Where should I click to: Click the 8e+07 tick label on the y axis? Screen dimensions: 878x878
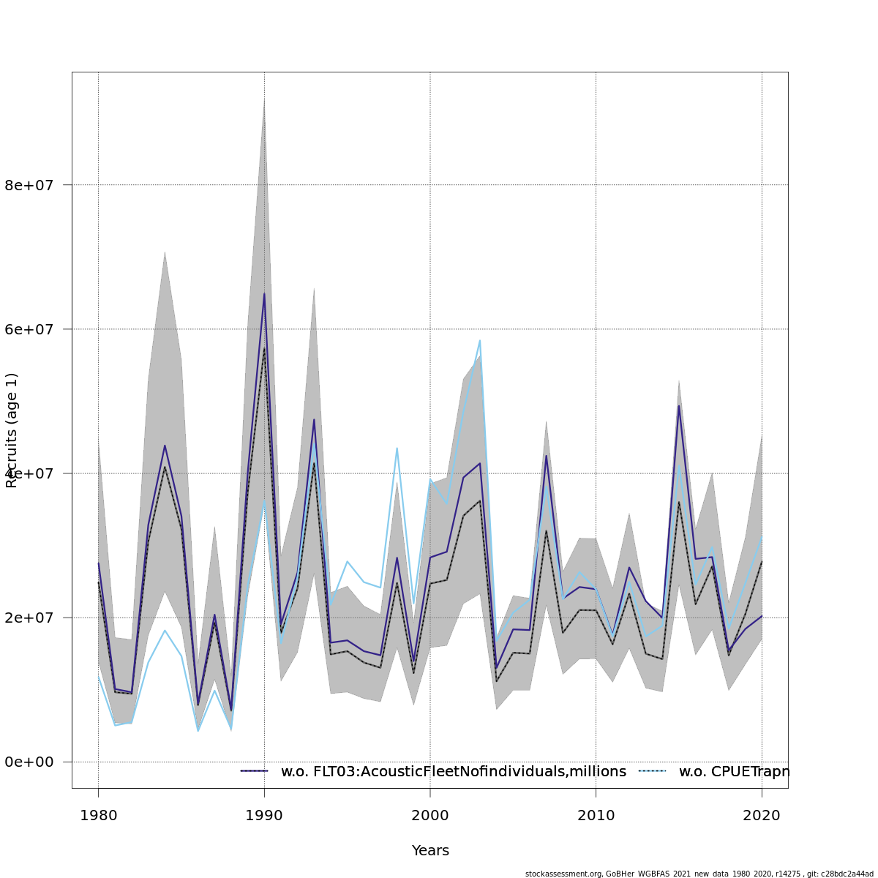tap(33, 185)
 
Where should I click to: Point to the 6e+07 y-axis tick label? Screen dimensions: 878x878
tap(33, 329)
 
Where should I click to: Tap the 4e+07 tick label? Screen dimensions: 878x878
tap(33, 473)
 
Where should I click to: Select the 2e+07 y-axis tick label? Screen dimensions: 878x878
tap(33, 618)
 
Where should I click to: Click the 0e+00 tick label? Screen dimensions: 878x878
tap(33, 762)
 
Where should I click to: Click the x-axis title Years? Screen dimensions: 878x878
tap(430, 851)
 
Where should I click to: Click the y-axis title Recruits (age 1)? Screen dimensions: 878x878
tap(12, 430)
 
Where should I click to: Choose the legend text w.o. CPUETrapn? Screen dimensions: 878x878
tap(734, 772)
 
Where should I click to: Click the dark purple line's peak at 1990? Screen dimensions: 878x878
tap(264, 293)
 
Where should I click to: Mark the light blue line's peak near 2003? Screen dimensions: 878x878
tap(480, 339)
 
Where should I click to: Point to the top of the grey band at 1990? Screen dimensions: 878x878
tap(264, 99)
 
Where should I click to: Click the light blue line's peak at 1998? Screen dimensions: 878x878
tap(397, 448)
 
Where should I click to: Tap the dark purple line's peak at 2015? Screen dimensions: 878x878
tap(679, 405)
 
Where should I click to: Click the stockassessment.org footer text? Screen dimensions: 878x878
tap(699, 874)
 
